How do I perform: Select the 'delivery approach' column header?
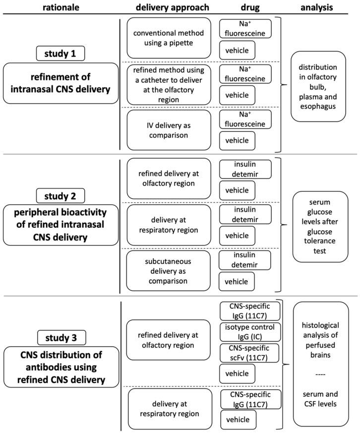[165, 7]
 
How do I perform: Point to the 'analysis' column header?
[316, 7]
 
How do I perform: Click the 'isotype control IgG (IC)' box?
[250, 332]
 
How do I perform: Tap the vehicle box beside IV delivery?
[237, 140]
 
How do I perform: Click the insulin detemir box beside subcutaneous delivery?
[245, 260]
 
